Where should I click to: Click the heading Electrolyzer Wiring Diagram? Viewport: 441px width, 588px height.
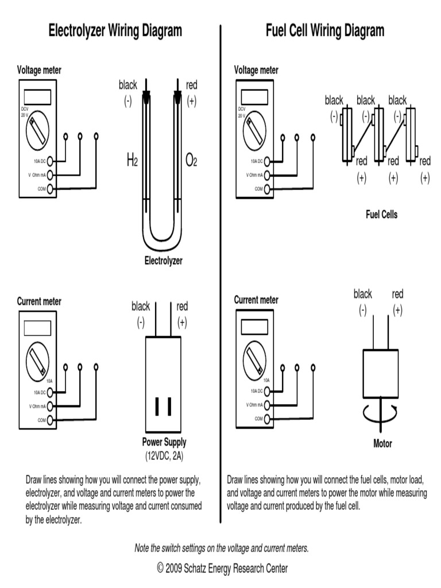(x=115, y=30)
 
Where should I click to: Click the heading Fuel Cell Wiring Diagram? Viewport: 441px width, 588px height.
(x=325, y=30)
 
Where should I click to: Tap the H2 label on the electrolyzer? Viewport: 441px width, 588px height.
(x=131, y=161)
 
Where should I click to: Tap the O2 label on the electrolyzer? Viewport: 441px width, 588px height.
(x=191, y=161)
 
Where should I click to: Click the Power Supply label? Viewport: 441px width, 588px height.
(x=164, y=443)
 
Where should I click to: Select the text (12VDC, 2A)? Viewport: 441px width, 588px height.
(x=164, y=456)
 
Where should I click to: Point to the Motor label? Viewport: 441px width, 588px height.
(x=382, y=444)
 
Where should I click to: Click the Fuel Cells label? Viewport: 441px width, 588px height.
(x=382, y=215)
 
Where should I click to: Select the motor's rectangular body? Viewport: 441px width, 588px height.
(x=381, y=373)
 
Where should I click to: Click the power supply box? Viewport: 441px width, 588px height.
(x=164, y=385)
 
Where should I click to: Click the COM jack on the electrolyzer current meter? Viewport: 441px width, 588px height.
(x=50, y=420)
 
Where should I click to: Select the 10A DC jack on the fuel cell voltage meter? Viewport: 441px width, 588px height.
(x=267, y=161)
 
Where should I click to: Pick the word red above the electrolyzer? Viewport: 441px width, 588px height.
(x=191, y=86)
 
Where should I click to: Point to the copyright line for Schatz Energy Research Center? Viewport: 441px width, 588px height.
(x=222, y=568)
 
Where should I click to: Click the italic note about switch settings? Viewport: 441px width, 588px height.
(x=222, y=548)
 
